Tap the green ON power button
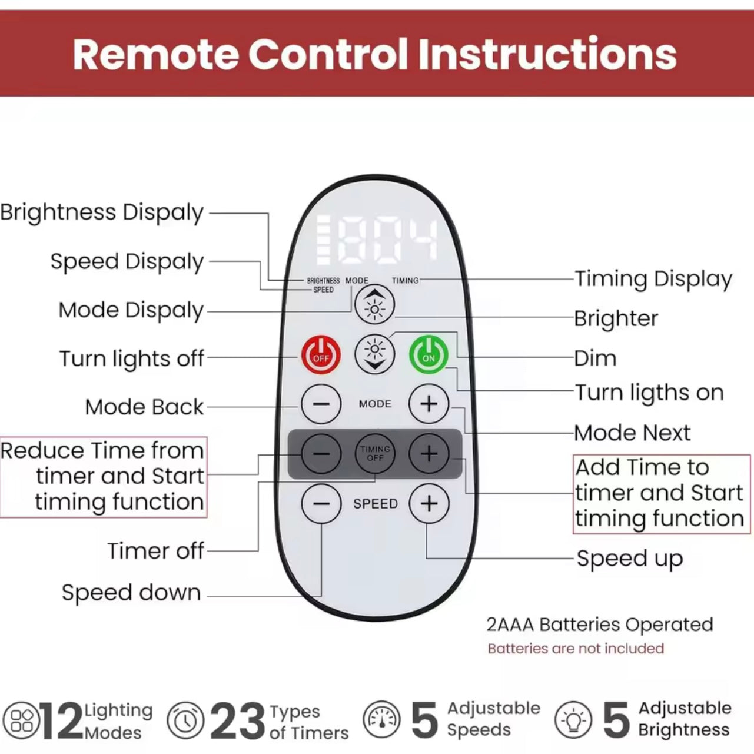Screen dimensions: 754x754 click(x=429, y=354)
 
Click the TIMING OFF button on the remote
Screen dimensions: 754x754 click(x=375, y=454)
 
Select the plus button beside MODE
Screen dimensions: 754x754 click(x=429, y=404)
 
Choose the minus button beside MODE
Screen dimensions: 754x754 click(x=321, y=404)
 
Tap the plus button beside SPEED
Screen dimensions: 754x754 click(x=429, y=504)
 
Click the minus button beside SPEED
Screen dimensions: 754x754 click(x=321, y=504)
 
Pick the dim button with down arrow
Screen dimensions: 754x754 click(x=375, y=354)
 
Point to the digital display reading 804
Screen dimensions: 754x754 click(x=377, y=240)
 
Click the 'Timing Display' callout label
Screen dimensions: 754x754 click(x=653, y=279)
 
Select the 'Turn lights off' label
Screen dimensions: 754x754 click(x=132, y=358)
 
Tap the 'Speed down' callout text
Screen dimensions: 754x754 click(x=131, y=593)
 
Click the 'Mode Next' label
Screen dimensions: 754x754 click(x=632, y=433)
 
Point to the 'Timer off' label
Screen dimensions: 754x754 click(x=155, y=551)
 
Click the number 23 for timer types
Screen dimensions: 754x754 click(x=237, y=720)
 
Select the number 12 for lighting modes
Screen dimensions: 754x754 click(x=62, y=720)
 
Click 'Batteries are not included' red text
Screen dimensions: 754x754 click(x=576, y=649)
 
